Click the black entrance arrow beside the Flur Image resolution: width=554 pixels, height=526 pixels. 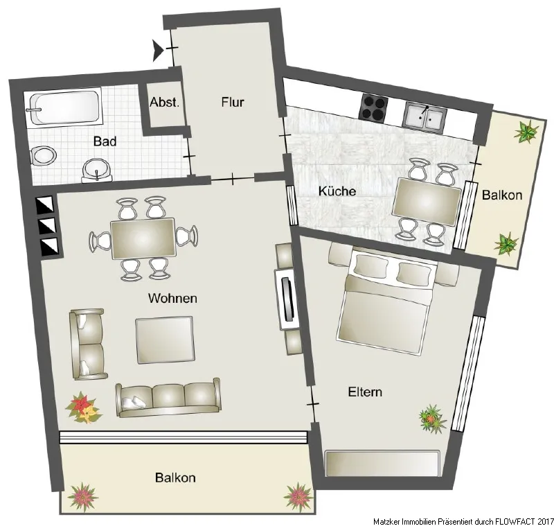[159, 51]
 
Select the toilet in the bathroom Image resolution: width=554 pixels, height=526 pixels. [44, 156]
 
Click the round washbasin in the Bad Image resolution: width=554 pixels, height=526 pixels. [97, 170]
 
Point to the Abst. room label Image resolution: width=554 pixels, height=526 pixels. [165, 103]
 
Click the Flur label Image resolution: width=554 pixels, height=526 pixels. [233, 102]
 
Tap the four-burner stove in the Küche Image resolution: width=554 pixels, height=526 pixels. [373, 108]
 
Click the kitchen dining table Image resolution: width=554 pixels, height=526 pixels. [427, 202]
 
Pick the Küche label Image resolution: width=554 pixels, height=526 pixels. [337, 191]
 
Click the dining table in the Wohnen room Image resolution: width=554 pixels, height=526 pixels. [143, 238]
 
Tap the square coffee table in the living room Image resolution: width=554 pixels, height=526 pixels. [165, 340]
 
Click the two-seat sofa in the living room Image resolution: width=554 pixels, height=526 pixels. [88, 344]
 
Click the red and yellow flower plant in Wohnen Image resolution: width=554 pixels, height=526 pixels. [83, 407]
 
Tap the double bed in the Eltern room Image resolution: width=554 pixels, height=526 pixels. [386, 301]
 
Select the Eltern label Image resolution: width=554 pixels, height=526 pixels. [365, 392]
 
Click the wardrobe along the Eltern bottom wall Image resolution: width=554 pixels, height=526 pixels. [382, 463]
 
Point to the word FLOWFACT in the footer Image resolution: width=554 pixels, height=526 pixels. [517, 521]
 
